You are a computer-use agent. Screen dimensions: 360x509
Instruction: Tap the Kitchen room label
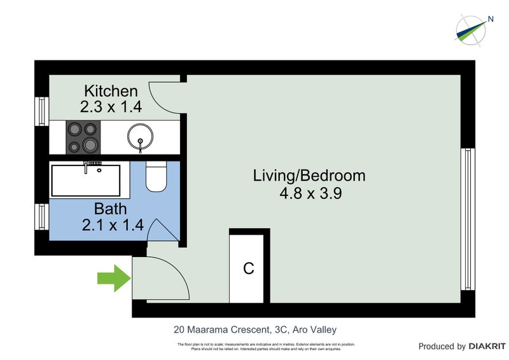coord(111,90)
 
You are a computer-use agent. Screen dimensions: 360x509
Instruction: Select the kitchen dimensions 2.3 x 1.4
coord(111,107)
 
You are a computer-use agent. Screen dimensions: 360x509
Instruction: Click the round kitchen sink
coord(139,137)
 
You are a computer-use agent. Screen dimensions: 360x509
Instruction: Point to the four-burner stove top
coord(83,137)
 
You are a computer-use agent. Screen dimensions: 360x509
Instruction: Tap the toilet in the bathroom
coord(156,177)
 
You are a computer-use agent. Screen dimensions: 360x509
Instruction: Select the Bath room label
coord(111,208)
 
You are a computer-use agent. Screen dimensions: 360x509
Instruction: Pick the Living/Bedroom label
coord(309,176)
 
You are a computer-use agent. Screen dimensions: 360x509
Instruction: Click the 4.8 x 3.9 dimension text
coord(309,194)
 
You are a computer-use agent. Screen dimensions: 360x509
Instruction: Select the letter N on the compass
coord(491,19)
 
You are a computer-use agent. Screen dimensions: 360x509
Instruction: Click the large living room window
coord(468,219)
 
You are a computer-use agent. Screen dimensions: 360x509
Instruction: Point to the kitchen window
coord(41,111)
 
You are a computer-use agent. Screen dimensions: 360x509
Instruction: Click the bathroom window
coord(41,216)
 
